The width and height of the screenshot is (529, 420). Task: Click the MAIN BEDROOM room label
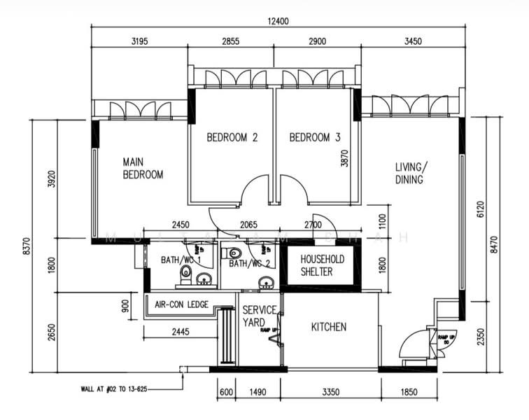point(143,168)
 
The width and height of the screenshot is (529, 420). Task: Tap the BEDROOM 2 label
point(232,138)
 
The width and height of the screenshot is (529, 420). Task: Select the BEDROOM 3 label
point(315,138)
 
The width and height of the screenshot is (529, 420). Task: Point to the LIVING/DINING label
point(409,173)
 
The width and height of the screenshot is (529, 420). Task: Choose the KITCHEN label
point(328,327)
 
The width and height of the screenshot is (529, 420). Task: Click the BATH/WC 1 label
point(181,260)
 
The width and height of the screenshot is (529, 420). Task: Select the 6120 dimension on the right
point(480,209)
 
